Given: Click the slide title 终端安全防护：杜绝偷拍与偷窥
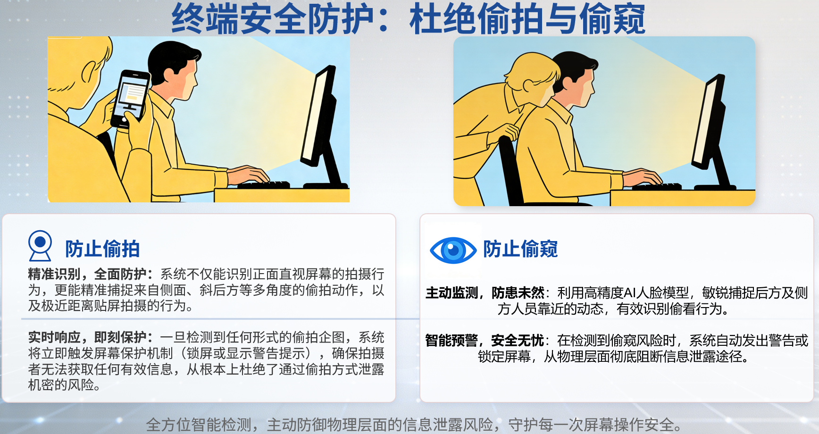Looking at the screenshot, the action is pyautogui.click(x=409, y=19).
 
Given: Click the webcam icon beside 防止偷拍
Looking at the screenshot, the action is pyautogui.click(x=40, y=245).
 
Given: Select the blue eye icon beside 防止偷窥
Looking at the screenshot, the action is pyautogui.click(x=453, y=250).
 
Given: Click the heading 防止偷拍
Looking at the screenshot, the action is pyautogui.click(x=102, y=249).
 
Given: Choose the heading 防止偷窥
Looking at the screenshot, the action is pyautogui.click(x=520, y=249).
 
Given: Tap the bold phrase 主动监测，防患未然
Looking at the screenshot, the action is pyautogui.click(x=485, y=293).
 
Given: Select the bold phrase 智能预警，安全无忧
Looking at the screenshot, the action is pyautogui.click(x=485, y=340).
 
